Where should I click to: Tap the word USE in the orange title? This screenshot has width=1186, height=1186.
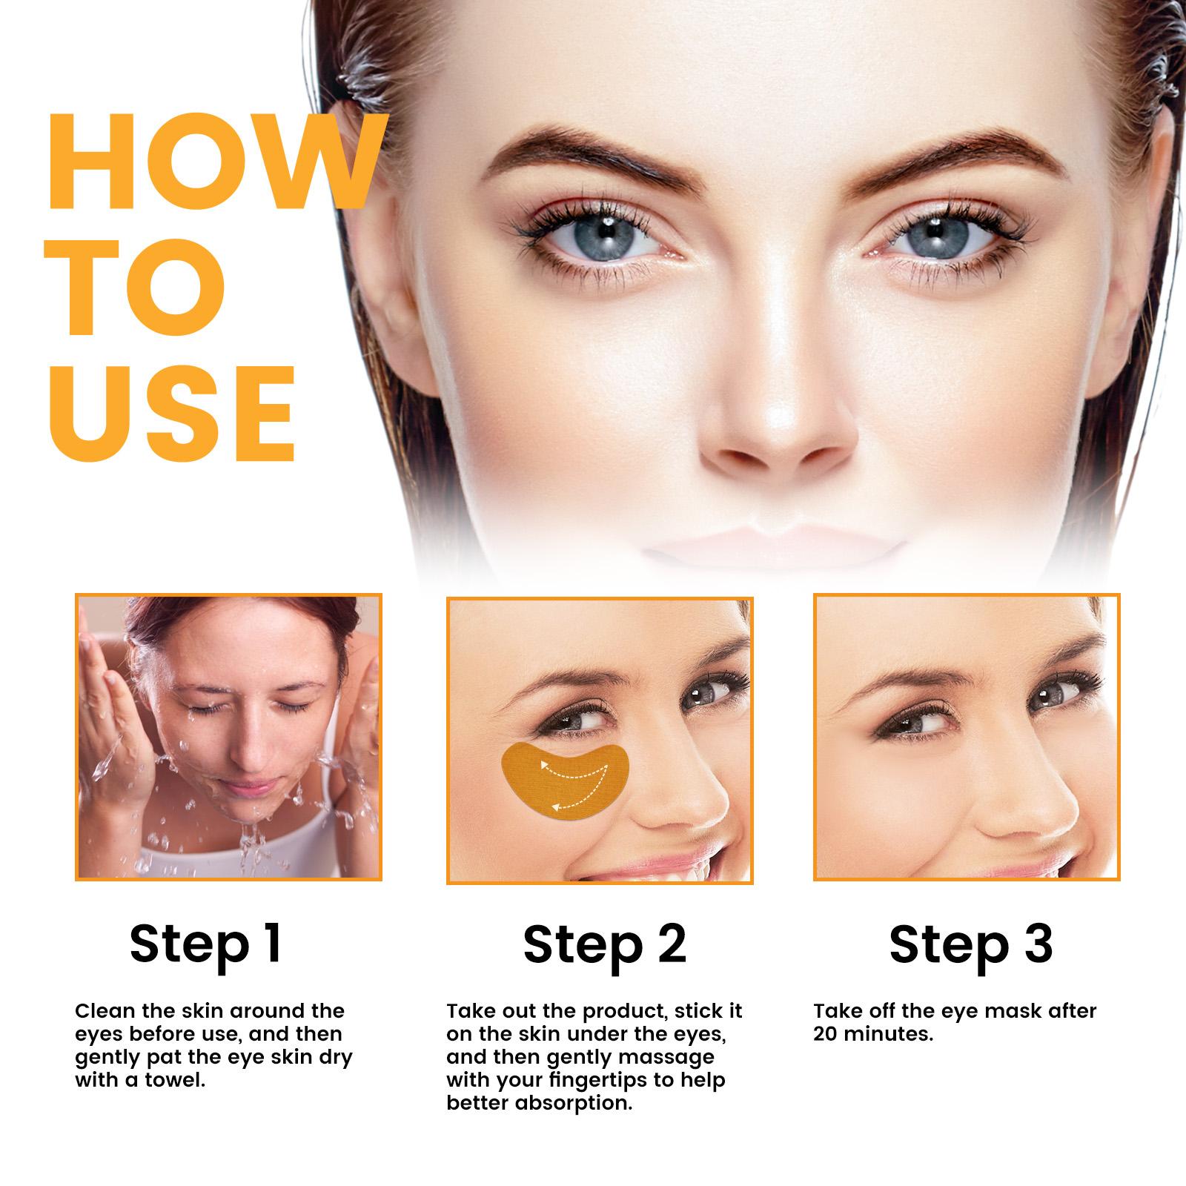tap(172, 412)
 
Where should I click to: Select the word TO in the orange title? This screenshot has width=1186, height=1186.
tap(137, 287)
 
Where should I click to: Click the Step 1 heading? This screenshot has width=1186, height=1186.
tap(205, 943)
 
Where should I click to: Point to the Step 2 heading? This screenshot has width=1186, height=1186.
tap(605, 943)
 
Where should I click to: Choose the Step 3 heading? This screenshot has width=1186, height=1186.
tap(970, 943)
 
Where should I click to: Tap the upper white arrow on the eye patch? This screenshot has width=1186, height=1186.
tap(571, 771)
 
